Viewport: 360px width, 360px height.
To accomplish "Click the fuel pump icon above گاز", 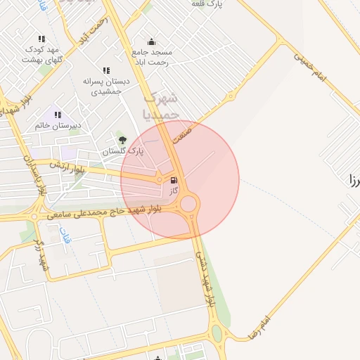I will tap(174, 180).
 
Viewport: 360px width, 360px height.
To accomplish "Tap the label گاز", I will tap(174, 191).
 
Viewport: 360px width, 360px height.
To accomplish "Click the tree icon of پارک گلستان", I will tap(123, 141).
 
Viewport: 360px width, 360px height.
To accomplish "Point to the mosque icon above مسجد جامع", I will tap(151, 41).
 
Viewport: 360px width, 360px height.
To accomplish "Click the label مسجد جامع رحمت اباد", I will tap(152, 57).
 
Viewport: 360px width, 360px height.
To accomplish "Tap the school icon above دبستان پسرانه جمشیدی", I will tap(105, 70).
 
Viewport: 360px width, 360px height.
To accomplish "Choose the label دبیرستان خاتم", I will tap(58, 125).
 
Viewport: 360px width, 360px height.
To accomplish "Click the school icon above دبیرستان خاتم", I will tap(58, 115).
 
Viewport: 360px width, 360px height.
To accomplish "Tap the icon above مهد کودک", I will tap(41, 39).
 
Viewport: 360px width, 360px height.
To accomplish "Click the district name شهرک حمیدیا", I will tap(161, 105).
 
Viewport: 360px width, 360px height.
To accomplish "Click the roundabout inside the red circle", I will tap(188, 205).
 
